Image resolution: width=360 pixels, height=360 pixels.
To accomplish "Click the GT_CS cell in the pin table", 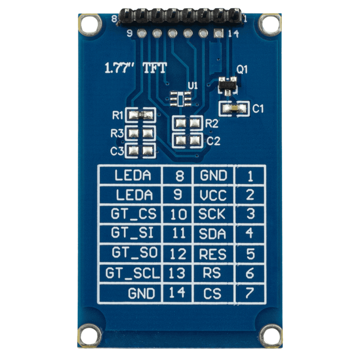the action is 131,214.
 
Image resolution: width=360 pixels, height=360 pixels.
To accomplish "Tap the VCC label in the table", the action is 213,195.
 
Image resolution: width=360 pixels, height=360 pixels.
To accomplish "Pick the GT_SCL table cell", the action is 131,274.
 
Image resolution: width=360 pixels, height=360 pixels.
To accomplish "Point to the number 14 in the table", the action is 177,293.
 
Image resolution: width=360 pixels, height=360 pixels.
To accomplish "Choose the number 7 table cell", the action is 250,293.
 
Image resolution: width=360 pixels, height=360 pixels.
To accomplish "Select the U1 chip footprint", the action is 180,99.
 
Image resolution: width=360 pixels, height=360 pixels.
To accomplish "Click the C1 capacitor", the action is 234,108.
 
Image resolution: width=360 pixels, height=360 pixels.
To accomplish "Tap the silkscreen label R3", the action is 117,133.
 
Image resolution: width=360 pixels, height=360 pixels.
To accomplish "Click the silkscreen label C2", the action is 213,141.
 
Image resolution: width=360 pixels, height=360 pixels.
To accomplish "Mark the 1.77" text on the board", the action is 120,68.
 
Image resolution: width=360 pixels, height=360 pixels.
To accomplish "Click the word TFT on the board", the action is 154,68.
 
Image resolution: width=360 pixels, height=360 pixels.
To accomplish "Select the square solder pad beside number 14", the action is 219,33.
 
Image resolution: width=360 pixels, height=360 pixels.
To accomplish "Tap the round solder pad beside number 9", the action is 141,33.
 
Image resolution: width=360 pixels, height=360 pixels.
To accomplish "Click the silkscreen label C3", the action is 117,151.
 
